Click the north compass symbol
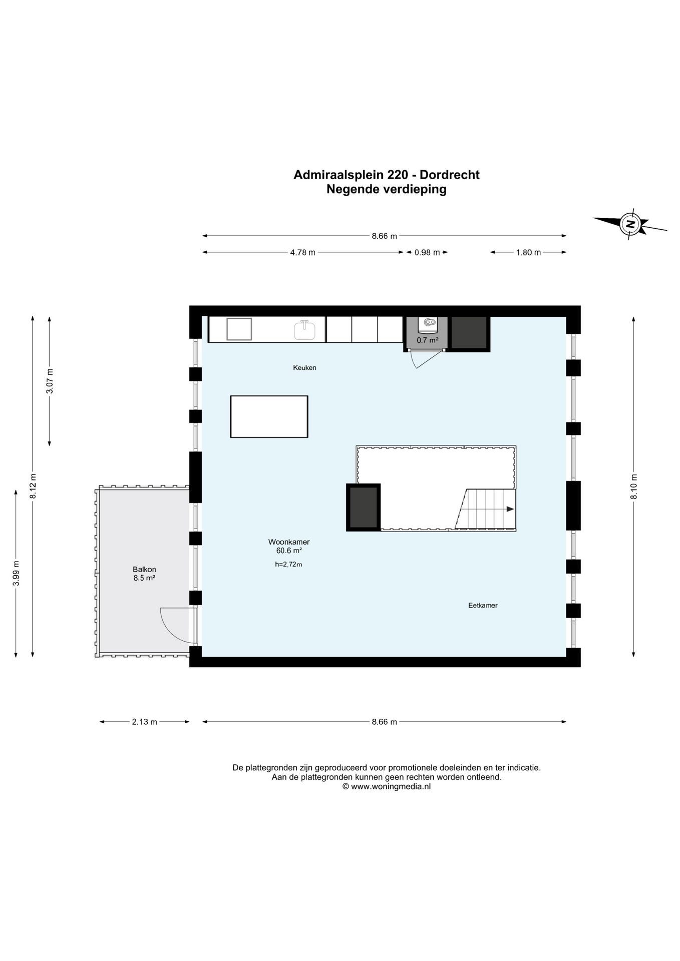pyautogui.click(x=630, y=223)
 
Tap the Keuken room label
pyautogui.click(x=304, y=368)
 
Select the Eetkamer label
pyautogui.click(x=483, y=605)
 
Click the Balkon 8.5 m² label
pyautogui.click(x=144, y=573)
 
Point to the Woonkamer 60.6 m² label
pyautogui.click(x=289, y=546)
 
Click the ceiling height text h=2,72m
pyautogui.click(x=288, y=565)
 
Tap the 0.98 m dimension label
pyautogui.click(x=427, y=252)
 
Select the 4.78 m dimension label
pyautogui.click(x=302, y=252)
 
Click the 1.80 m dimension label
pyautogui.click(x=528, y=252)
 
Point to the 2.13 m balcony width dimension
pyautogui.click(x=145, y=722)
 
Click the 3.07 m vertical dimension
pyautogui.click(x=50, y=381)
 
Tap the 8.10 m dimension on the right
pyautogui.click(x=634, y=486)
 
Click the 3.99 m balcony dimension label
pyautogui.click(x=16, y=573)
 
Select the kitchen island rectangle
pyautogui.click(x=269, y=416)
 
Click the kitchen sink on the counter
pyautogui.click(x=304, y=330)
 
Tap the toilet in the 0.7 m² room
pyautogui.click(x=427, y=325)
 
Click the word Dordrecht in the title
pyautogui.click(x=450, y=175)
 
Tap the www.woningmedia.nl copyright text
pyautogui.click(x=386, y=786)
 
